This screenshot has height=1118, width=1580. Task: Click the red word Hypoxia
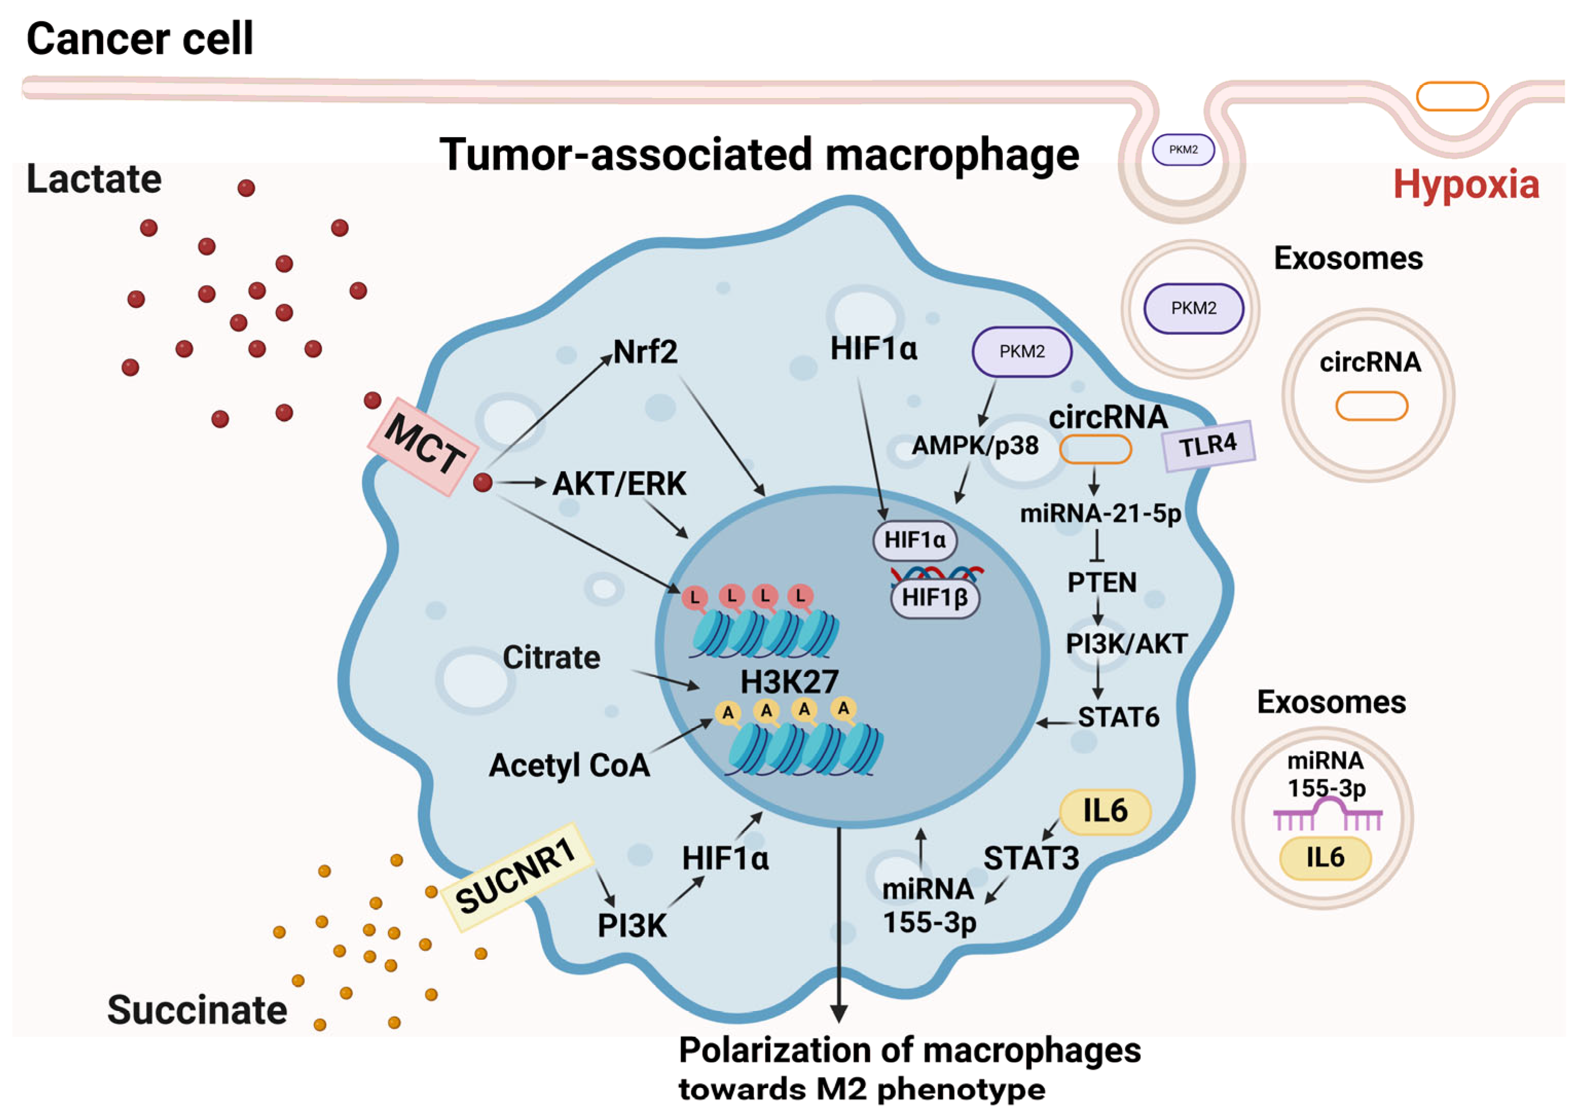[x=1466, y=185]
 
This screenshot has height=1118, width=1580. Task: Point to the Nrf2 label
[x=645, y=352]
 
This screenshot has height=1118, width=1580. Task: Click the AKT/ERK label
[x=619, y=483]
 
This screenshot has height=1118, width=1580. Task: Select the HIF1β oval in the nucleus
[x=935, y=597]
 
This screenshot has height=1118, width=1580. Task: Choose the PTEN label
[x=1102, y=582]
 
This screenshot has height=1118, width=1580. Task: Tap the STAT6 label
[x=1118, y=718]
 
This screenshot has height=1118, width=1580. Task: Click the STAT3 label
[x=1031, y=858]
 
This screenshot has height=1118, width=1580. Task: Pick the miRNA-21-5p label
[x=1100, y=513]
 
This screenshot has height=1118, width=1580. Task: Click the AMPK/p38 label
[x=975, y=446]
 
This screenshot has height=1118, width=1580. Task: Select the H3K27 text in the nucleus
[x=789, y=682]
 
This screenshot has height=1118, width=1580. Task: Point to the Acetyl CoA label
[x=569, y=765]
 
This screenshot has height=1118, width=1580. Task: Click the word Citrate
[x=551, y=657]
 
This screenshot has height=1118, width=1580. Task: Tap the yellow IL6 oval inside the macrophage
[x=1105, y=811]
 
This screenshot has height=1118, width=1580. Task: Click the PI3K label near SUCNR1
[x=631, y=926]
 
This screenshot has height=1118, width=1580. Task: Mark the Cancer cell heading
[x=140, y=39]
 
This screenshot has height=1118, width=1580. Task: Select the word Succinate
[x=197, y=1010]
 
